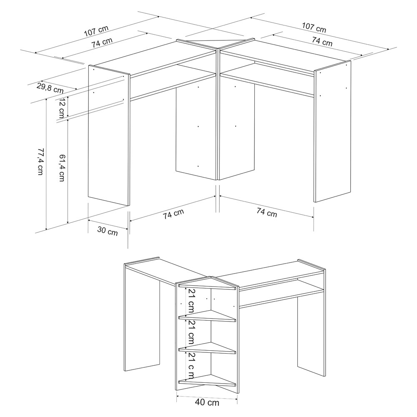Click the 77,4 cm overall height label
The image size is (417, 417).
tap(40, 161)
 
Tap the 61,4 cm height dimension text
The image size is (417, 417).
tap(62, 168)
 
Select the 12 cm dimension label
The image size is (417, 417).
tap(62, 108)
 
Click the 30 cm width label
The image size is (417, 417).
tap(108, 231)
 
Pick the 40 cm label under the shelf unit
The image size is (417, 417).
tap(207, 402)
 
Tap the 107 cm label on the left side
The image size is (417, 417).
tap(96, 31)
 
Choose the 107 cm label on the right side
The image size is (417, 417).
tap(314, 28)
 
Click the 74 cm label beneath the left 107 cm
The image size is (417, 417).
tap(102, 43)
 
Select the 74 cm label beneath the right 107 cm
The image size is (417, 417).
tap(322, 41)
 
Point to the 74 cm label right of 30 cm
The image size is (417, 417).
tap(173, 214)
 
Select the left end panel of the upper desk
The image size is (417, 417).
tap(109, 136)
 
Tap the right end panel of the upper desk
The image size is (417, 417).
tap(332, 131)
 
